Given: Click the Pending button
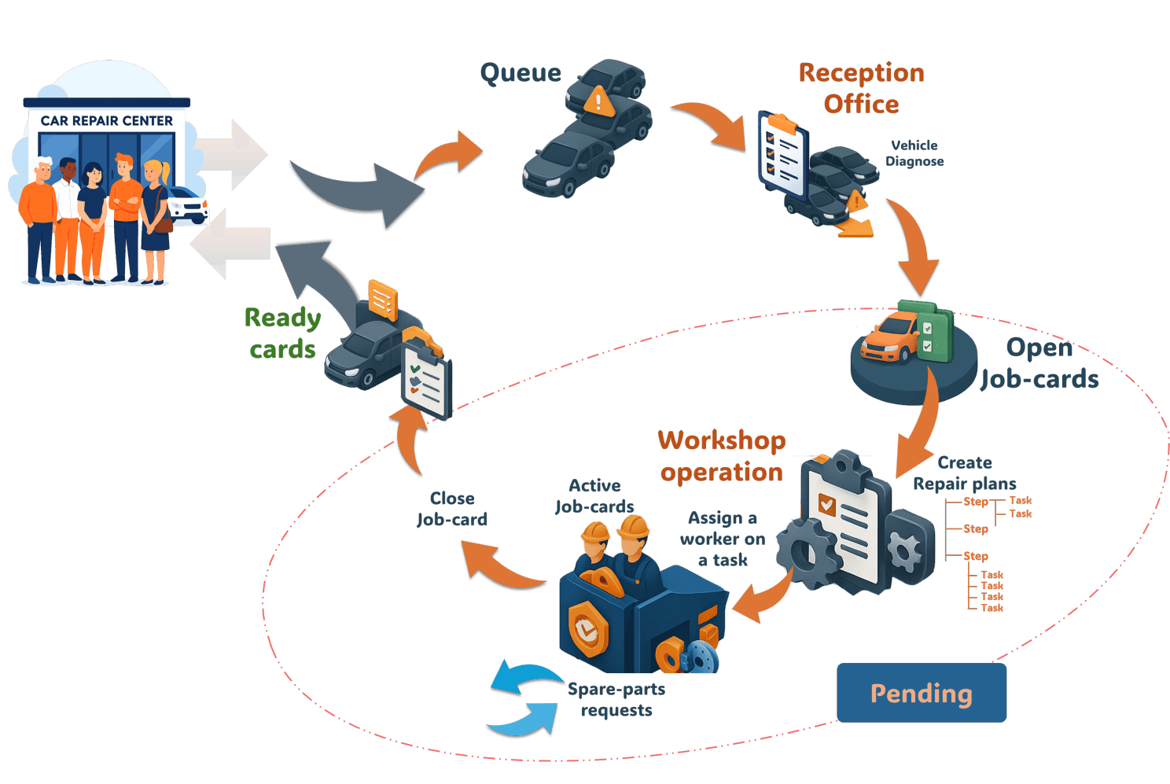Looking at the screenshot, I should pyautogui.click(x=921, y=693).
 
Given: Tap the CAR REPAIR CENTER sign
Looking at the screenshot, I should pyautogui.click(x=106, y=121).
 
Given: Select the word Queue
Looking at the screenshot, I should pyautogui.click(x=521, y=73).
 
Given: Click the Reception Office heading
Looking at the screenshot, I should pyautogui.click(x=861, y=88).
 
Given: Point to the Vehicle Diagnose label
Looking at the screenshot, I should pyautogui.click(x=914, y=153).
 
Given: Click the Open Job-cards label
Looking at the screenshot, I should pyautogui.click(x=1039, y=363).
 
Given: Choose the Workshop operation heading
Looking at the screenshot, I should pyautogui.click(x=722, y=456).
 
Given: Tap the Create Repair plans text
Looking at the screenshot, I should pyautogui.click(x=964, y=473).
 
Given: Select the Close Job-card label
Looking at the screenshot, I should pyautogui.click(x=452, y=509).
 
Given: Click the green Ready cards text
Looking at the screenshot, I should pyautogui.click(x=283, y=333).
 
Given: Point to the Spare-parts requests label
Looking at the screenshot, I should pyautogui.click(x=616, y=699).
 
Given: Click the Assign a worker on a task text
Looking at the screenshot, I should pyautogui.click(x=723, y=539).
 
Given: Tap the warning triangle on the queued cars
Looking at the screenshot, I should pyautogui.click(x=598, y=101).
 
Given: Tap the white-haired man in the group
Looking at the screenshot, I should pyautogui.click(x=39, y=220).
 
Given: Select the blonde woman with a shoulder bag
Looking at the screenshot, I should pyautogui.click(x=156, y=220).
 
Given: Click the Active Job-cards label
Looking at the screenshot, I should pyautogui.click(x=594, y=496).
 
